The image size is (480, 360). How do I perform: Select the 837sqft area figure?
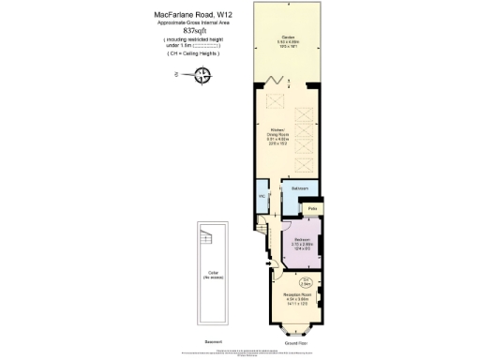click(x=191, y=31)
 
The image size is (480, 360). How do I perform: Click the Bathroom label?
click(x=300, y=189)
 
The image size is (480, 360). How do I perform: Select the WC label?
click(x=262, y=198)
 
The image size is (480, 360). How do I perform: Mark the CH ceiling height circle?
click(x=305, y=280)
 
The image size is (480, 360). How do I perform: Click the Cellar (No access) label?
click(x=211, y=274)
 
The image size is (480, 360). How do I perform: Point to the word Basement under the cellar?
click(x=213, y=340)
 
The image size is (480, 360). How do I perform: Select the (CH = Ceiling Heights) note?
click(x=193, y=54)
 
